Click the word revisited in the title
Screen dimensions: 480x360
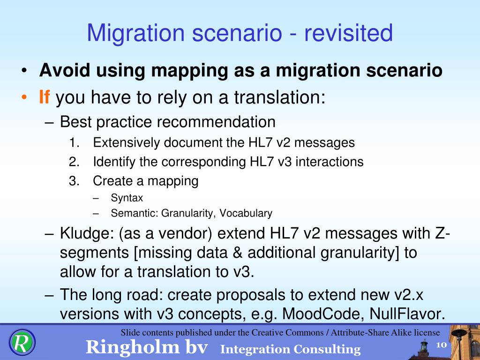pyautogui.click(x=348, y=33)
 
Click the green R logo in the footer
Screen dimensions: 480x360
pyautogui.click(x=22, y=342)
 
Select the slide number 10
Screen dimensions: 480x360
pyautogui.click(x=441, y=345)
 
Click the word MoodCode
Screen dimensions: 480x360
pyautogui.click(x=322, y=314)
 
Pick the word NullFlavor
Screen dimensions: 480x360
pyautogui.click(x=407, y=314)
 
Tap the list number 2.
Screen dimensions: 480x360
pyautogui.click(x=74, y=162)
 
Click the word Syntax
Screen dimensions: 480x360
pyautogui.click(x=127, y=198)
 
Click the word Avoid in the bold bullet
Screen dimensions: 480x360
pyautogui.click(x=65, y=70)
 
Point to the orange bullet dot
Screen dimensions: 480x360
pyautogui.click(x=24, y=97)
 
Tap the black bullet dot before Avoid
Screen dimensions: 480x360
pyautogui.click(x=24, y=71)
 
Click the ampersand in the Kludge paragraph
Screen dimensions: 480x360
pyautogui.click(x=237, y=253)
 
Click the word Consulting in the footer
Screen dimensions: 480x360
pyautogui.click(x=327, y=349)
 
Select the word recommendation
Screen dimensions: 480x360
pyautogui.click(x=216, y=122)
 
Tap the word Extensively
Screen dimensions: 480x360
pyautogui.click(x=126, y=143)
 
